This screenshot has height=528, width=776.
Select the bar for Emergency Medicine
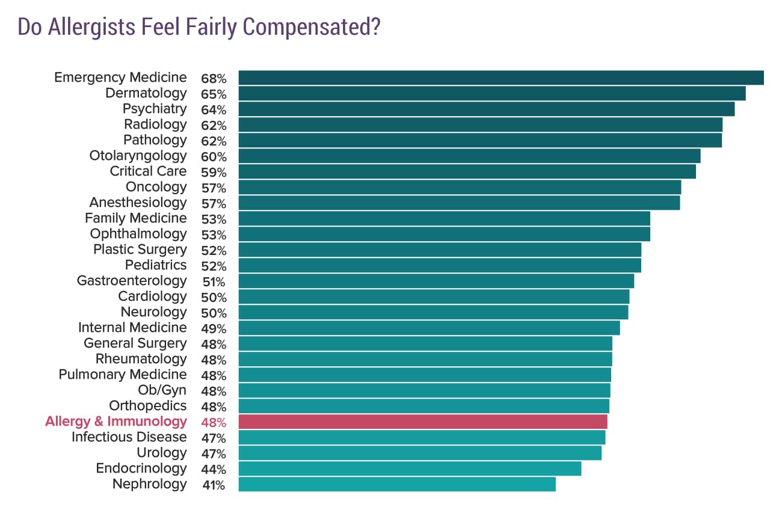click(x=500, y=78)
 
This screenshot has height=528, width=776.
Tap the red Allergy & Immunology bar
click(x=423, y=422)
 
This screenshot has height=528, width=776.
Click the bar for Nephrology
click(x=397, y=484)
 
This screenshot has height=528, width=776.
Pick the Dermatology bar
click(x=491, y=94)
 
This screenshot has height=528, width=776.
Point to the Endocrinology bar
click(x=410, y=468)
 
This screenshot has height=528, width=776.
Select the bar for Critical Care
click(x=467, y=171)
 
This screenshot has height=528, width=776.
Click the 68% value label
click(x=214, y=79)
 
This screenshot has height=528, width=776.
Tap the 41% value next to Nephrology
click(x=214, y=485)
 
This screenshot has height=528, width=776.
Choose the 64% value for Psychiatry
click(x=214, y=110)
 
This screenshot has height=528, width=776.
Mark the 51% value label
click(x=214, y=282)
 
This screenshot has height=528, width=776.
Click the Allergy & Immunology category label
click(x=116, y=422)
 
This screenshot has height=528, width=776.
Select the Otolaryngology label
click(x=138, y=156)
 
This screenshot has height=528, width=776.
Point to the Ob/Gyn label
click(x=162, y=390)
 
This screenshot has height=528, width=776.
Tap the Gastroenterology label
click(x=132, y=281)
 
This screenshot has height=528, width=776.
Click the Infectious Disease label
click(x=129, y=437)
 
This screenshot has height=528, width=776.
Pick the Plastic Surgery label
click(x=140, y=250)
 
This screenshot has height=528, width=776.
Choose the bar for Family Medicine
click(x=444, y=218)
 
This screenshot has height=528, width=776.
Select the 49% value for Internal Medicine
click(x=214, y=329)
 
